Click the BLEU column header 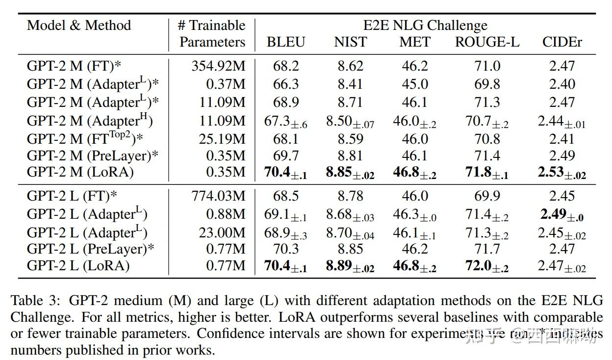coord(285,43)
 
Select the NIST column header coord(350,43)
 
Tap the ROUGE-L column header coord(487,43)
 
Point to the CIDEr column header coord(562,43)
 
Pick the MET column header coord(415,43)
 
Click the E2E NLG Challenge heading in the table coord(425,26)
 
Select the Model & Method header coord(79,26)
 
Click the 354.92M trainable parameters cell coord(218,66)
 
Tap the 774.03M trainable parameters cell coord(218,196)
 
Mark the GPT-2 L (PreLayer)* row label coord(90,249)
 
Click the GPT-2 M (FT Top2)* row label coord(85,138)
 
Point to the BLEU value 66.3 coord(285,84)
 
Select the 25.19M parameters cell coord(222,139)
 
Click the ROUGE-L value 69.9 coord(487,196)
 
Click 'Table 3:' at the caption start coord(34,300)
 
